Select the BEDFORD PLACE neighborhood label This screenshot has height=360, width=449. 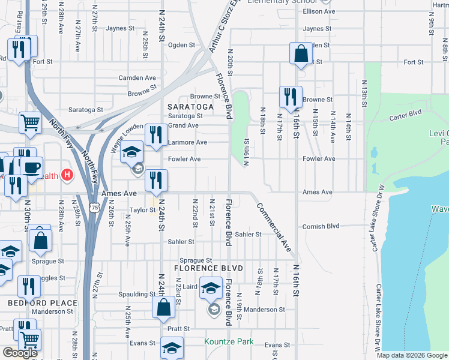tap(43, 304)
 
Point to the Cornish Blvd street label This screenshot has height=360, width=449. tap(321, 226)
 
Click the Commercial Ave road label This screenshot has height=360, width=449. tap(274, 227)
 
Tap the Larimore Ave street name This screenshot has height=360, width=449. tap(187, 142)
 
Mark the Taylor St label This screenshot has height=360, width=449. tap(143, 211)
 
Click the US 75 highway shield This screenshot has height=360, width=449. tap(94, 207)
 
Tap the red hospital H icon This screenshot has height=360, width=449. tap(67, 175)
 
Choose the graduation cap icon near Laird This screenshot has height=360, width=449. tap(211, 289)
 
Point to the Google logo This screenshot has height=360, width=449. tap(20, 353)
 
